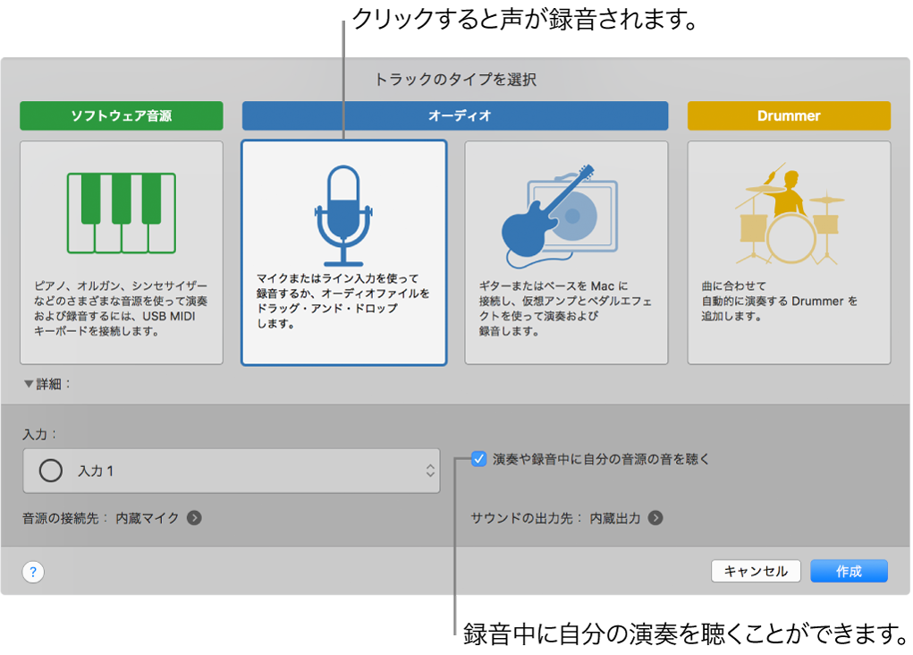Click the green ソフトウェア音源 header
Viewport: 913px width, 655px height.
122,115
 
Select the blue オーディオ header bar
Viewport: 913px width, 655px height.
455,115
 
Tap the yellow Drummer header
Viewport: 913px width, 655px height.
789,115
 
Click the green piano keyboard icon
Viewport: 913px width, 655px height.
122,213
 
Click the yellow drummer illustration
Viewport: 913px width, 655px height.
789,215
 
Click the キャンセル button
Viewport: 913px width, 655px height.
756,571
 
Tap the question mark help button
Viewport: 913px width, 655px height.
33,572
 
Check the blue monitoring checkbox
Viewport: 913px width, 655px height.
479,459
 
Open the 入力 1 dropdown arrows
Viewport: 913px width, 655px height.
430,471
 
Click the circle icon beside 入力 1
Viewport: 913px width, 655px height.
52,471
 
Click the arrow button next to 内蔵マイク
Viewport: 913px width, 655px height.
194,517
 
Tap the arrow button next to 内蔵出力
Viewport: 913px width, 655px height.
655,517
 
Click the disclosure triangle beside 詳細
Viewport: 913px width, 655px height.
30,384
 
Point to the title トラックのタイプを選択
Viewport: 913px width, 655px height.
455,79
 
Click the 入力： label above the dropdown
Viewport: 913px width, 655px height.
40,434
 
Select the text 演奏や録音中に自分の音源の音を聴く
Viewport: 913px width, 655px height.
601,459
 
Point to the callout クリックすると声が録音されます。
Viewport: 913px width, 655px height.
524,19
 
